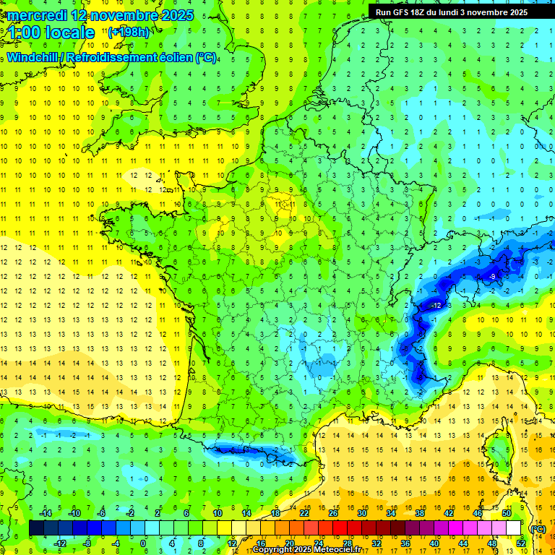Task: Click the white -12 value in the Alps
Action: (436, 306)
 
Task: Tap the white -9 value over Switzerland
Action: (491, 277)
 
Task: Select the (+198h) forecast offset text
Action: (129, 33)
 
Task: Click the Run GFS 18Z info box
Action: (452, 12)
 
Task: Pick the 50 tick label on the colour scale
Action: (507, 513)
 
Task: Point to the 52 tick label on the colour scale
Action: (521, 543)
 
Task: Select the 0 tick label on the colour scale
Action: (143, 543)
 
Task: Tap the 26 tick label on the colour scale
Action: (333, 513)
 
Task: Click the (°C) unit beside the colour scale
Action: (538, 529)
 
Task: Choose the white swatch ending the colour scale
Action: (514, 528)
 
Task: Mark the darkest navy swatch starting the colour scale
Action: (37, 528)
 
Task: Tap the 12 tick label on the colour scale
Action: (232, 543)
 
